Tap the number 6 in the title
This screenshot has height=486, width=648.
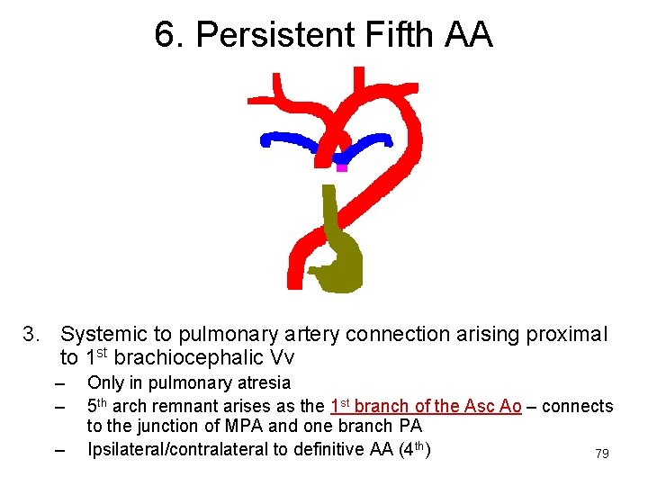[164, 35]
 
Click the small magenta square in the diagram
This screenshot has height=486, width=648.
[341, 167]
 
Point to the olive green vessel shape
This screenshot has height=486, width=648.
[340, 256]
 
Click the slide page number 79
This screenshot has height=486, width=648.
[602, 454]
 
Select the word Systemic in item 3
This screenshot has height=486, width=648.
[100, 335]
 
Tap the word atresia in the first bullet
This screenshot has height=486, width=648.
[262, 383]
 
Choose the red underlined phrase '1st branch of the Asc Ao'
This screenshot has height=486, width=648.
[426, 406]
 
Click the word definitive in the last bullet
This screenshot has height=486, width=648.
[328, 448]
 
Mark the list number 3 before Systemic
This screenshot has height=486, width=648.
[31, 335]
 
